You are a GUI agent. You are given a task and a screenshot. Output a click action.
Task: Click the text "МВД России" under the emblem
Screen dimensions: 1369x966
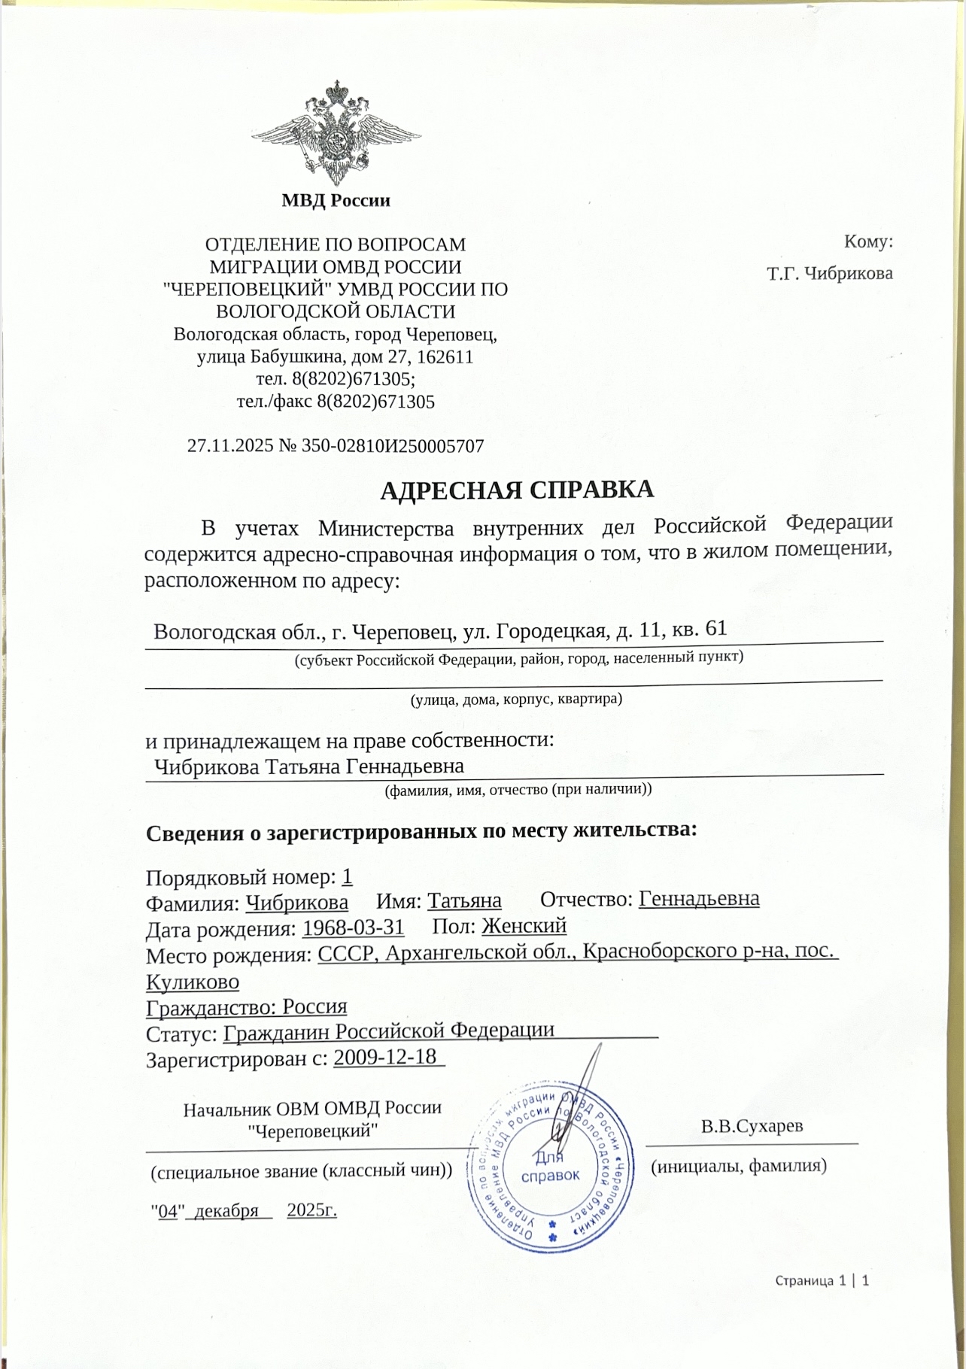coord(336,201)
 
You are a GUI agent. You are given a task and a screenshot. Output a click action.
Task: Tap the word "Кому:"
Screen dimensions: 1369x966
coord(867,242)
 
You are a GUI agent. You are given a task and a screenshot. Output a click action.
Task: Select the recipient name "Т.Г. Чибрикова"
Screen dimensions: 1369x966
coord(830,273)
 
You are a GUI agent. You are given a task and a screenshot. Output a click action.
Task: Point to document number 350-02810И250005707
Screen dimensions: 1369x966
coord(392,446)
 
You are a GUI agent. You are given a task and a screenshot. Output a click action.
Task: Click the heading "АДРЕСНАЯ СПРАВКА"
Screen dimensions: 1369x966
coord(517,490)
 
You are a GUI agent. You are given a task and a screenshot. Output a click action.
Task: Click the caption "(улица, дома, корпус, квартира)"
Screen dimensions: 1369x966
coord(515,700)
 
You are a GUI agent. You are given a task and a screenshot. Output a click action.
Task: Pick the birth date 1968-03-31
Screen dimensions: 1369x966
coord(353,927)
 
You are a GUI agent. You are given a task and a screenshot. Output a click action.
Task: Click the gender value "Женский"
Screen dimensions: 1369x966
coord(524,926)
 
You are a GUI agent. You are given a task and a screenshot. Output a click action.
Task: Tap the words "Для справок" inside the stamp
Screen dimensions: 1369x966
coord(550,1166)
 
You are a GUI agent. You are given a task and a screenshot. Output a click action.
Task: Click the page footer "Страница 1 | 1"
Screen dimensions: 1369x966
coord(822,1280)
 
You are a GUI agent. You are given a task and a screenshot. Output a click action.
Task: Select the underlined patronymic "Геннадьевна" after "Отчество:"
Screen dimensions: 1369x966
coord(698,899)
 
